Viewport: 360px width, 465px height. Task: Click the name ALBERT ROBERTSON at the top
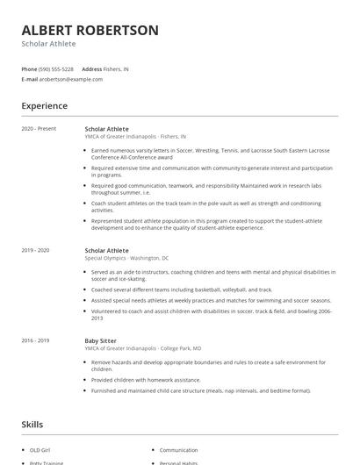(x=90, y=30)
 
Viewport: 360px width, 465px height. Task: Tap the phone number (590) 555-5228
(x=57, y=68)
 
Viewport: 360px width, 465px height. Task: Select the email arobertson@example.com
(x=70, y=79)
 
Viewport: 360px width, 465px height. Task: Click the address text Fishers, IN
(x=117, y=68)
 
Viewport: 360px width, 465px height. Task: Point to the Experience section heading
(x=44, y=106)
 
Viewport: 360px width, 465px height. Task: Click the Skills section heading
(x=32, y=425)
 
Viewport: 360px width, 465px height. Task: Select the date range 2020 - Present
(x=39, y=129)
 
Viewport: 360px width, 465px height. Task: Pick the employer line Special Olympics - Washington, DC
(x=127, y=259)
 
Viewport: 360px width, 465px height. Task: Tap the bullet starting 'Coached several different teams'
(x=181, y=289)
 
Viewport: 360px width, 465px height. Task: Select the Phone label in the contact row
(x=29, y=68)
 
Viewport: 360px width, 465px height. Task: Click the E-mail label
(x=29, y=79)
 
